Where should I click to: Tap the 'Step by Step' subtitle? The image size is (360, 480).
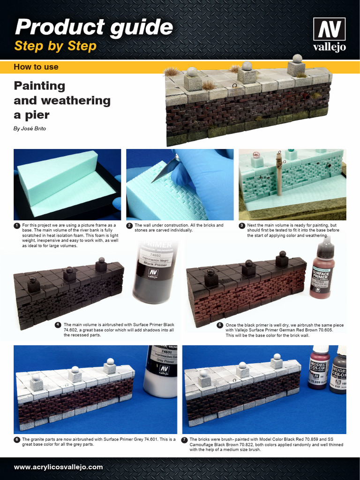55,46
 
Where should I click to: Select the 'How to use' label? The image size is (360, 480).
36,67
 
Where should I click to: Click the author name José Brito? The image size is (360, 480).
30,128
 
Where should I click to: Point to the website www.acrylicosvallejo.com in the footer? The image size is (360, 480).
58,467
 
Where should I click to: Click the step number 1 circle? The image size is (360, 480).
17,225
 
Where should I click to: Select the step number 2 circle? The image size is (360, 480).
129,225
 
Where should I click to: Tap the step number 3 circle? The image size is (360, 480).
242,225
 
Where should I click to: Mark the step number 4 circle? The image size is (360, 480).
58,325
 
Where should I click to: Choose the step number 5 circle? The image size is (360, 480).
219,325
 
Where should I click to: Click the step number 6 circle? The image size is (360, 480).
17,440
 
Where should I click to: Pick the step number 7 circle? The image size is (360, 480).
185,440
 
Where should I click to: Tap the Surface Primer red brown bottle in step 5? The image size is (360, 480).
322,272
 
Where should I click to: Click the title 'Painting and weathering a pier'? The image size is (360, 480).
62,100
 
